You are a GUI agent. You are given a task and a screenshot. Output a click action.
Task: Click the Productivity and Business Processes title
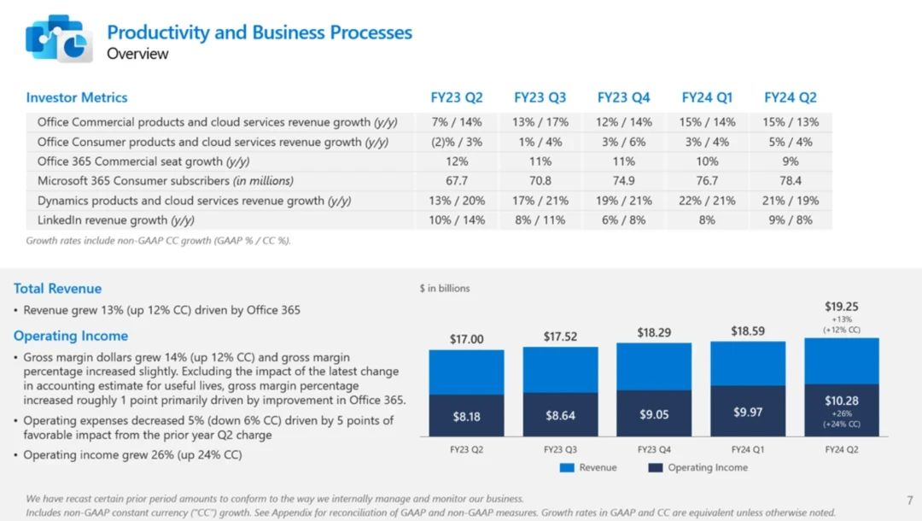click(x=259, y=32)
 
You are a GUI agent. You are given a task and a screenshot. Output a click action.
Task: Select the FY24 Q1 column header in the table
click(x=706, y=97)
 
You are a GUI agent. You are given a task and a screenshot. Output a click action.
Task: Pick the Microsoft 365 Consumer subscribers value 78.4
click(x=790, y=181)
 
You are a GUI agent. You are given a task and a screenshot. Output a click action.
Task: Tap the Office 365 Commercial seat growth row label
click(x=143, y=161)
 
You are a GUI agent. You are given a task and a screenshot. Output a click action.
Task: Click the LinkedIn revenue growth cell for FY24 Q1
click(x=706, y=220)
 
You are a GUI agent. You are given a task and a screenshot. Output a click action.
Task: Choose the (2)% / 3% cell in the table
click(x=457, y=142)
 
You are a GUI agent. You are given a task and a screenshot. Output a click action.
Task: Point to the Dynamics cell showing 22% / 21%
click(x=706, y=201)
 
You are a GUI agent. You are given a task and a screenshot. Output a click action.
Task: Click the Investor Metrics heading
click(x=77, y=97)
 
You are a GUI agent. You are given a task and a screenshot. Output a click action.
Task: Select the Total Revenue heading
click(x=57, y=289)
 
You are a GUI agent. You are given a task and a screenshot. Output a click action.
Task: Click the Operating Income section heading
click(x=71, y=336)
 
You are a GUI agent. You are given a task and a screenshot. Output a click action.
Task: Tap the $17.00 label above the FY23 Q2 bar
click(x=466, y=339)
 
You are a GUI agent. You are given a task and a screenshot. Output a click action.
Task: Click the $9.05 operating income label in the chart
click(x=653, y=414)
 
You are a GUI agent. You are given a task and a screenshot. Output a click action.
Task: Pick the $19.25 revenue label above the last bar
click(x=841, y=306)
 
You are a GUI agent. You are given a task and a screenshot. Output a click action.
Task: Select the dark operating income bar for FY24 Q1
click(x=748, y=412)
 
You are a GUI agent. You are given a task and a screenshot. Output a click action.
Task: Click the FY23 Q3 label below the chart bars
click(x=560, y=448)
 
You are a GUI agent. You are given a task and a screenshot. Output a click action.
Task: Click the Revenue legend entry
click(x=588, y=467)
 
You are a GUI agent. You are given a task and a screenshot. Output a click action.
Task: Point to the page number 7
click(x=909, y=500)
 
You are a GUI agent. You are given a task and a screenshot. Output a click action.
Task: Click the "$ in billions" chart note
click(x=445, y=289)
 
